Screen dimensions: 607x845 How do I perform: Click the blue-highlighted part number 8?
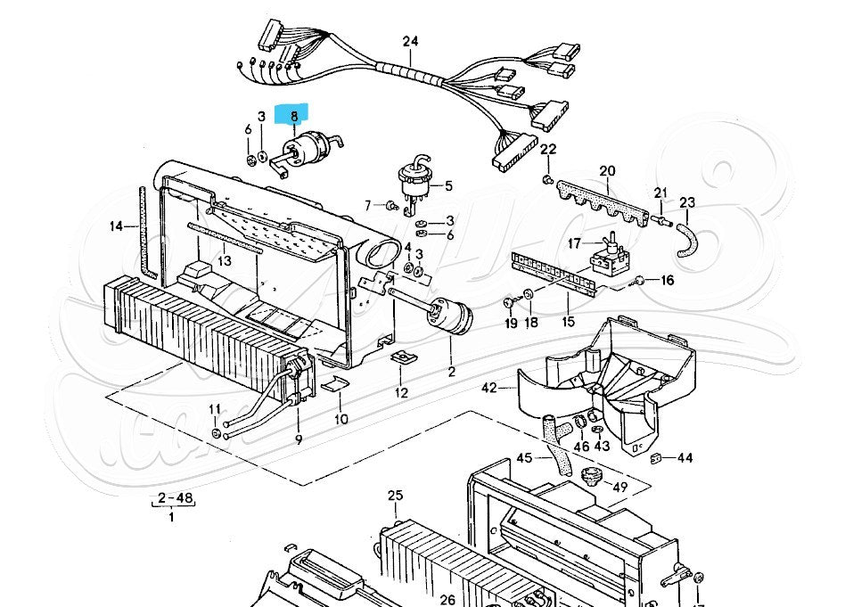click(x=292, y=115)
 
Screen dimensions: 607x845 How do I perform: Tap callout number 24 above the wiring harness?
click(x=410, y=41)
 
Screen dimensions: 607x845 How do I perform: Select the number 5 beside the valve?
click(x=448, y=186)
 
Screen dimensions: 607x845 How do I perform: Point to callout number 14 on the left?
click(x=117, y=226)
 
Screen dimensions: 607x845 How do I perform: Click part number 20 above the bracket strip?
click(x=607, y=171)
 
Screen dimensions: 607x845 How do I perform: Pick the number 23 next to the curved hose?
click(x=687, y=202)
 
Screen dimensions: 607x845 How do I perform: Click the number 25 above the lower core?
click(x=396, y=496)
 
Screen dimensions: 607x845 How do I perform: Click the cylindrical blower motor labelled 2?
click(x=447, y=316)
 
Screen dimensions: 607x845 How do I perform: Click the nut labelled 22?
click(x=547, y=182)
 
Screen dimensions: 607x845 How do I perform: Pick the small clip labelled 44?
click(x=655, y=458)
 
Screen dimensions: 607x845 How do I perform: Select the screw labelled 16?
click(x=639, y=282)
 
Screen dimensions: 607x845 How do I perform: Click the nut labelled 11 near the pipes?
click(x=217, y=433)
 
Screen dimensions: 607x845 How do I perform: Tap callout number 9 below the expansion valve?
click(x=298, y=439)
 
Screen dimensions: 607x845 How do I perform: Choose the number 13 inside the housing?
click(x=224, y=261)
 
